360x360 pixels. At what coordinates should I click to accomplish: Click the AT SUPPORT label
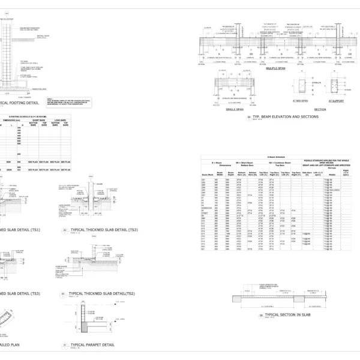pyautogui.click(x=335, y=101)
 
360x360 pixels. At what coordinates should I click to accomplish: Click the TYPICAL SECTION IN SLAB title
pyautogui.click(x=285, y=314)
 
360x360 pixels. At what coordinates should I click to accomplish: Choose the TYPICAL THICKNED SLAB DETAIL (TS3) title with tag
pyautogui.click(x=101, y=230)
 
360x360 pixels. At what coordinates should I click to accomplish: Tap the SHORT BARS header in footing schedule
pyautogui.click(x=46, y=120)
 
